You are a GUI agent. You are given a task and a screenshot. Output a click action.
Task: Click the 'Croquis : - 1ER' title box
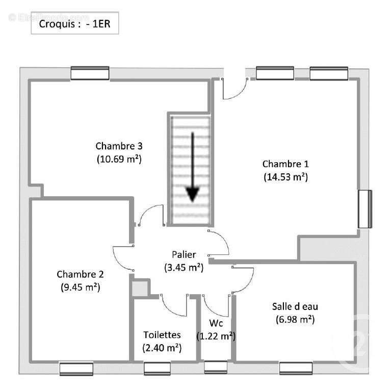[75, 24]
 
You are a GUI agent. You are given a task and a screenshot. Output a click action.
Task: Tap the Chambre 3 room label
[119, 145]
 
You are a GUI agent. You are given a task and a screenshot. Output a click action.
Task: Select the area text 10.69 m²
[119, 159]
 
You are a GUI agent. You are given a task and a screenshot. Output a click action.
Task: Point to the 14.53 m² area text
[285, 177]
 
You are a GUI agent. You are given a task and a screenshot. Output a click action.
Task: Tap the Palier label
[184, 254]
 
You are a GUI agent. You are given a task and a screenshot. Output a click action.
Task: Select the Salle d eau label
[292, 306]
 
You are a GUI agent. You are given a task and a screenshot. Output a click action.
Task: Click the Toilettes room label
[162, 335]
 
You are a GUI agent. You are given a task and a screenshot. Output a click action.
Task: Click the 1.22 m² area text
[216, 336]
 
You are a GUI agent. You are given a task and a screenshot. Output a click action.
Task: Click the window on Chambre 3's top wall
[90, 73]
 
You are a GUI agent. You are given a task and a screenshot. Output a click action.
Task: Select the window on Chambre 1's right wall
[365, 209]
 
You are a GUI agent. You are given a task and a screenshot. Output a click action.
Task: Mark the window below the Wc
[216, 367]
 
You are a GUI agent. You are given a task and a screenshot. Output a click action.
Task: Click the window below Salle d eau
[296, 368]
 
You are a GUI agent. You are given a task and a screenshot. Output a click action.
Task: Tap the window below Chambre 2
[76, 369]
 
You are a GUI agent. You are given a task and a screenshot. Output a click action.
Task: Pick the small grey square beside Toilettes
[139, 288]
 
